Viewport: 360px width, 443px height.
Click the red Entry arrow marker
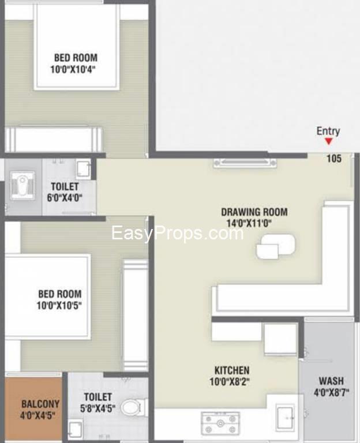tap(328, 141)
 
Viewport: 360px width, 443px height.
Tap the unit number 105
tap(334, 159)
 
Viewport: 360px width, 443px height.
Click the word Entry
tap(328, 131)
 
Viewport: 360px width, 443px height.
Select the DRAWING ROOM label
tap(254, 212)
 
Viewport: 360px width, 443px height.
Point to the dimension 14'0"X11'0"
tap(249, 223)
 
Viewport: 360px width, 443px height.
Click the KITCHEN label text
tap(232, 370)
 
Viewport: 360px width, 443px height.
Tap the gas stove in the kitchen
tap(220, 423)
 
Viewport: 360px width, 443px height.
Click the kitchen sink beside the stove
tap(286, 418)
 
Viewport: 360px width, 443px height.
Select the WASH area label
tap(331, 381)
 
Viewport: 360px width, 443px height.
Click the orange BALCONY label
tap(40, 404)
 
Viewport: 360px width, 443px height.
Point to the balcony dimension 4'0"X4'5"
tap(37, 415)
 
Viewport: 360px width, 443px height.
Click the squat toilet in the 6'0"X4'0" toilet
tap(22, 185)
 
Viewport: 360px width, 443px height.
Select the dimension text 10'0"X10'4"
tap(73, 69)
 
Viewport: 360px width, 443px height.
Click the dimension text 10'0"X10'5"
tap(59, 306)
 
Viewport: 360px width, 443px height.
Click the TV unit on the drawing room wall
tap(245, 163)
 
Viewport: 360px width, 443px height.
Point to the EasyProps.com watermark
tap(178, 234)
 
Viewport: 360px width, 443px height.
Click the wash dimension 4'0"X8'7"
tap(332, 392)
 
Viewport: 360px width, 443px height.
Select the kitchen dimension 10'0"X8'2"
tap(230, 382)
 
